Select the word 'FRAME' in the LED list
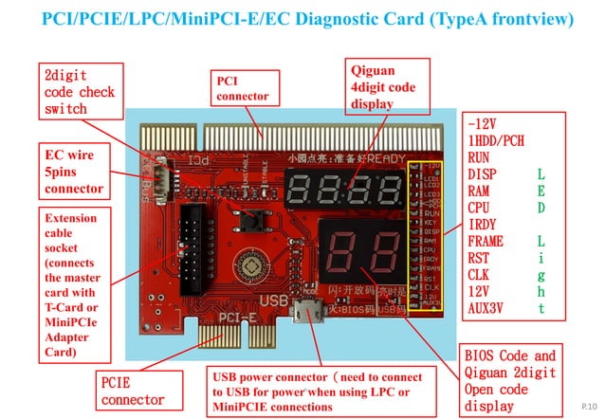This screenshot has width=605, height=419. click(x=486, y=241)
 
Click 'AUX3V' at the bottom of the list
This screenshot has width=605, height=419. click(x=487, y=308)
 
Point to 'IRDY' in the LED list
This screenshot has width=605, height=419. click(x=483, y=225)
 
